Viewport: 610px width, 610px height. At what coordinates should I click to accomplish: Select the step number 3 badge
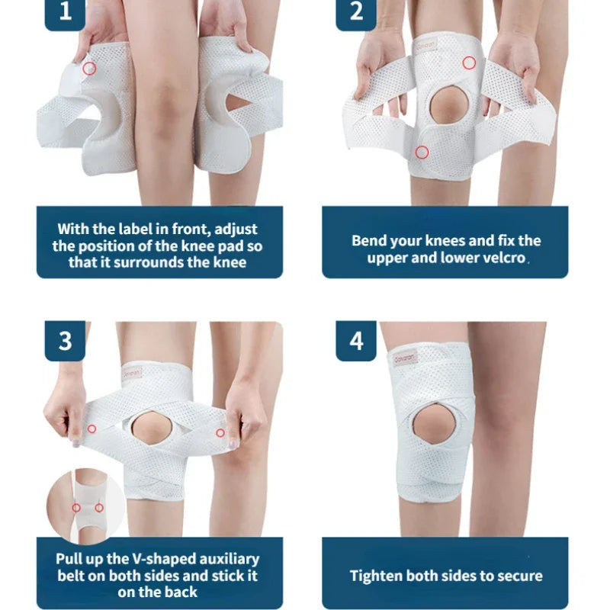65,340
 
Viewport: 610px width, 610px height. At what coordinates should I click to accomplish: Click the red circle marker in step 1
90,69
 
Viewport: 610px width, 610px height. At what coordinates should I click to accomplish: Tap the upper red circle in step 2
469,63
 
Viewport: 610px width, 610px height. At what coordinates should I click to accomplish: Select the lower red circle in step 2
421,152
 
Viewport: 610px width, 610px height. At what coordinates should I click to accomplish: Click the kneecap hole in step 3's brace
152,429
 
